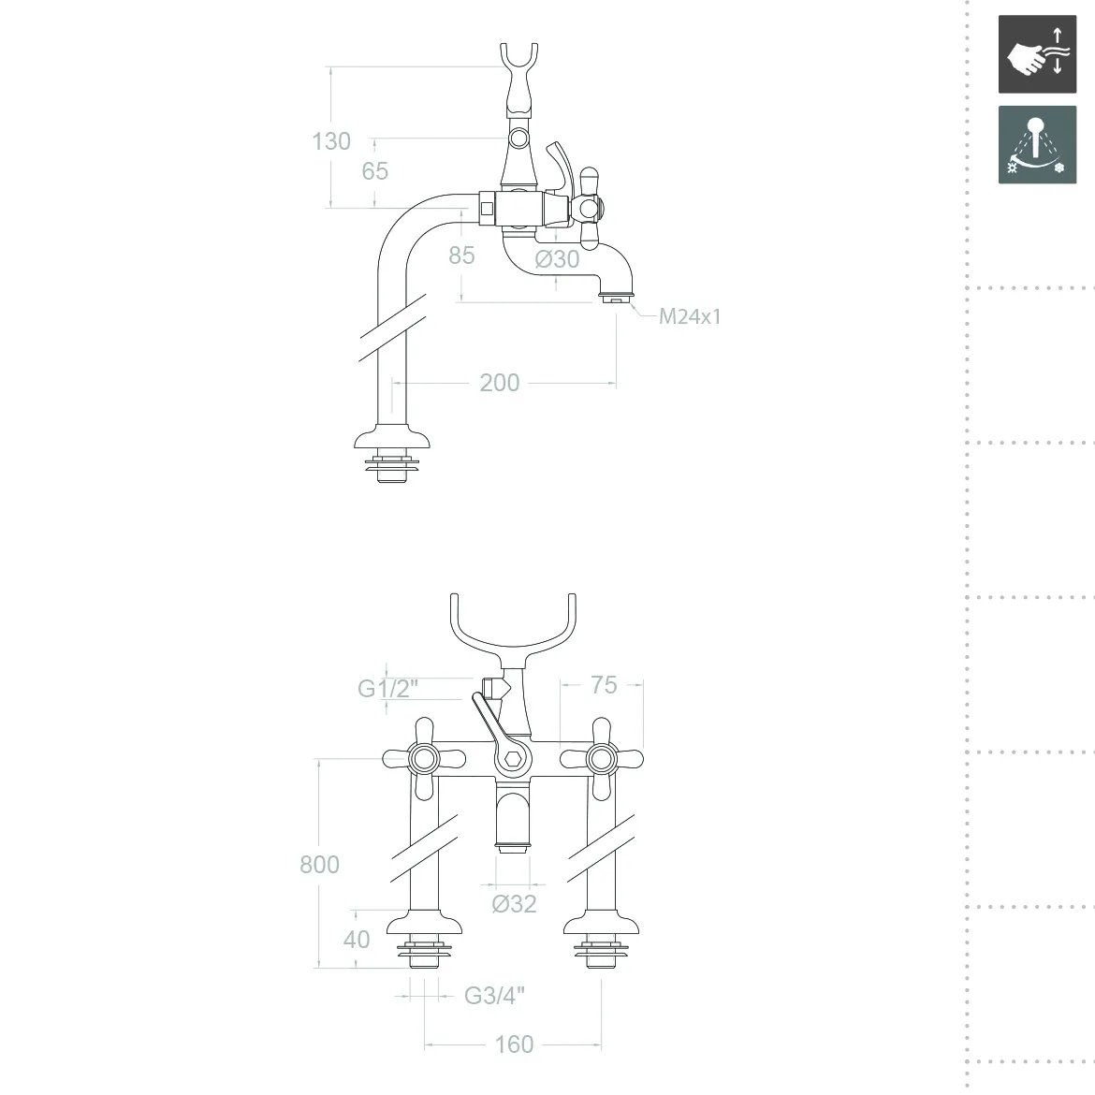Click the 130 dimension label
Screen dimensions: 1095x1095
click(331, 141)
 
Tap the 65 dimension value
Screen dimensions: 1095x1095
click(375, 171)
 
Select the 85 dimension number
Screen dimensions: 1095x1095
click(461, 255)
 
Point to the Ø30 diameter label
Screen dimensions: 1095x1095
click(557, 259)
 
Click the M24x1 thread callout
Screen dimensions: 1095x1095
click(690, 316)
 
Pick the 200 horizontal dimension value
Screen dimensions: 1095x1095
click(500, 383)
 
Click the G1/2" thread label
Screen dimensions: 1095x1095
click(387, 689)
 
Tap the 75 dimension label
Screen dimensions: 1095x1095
click(604, 685)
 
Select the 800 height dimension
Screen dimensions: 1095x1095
click(319, 865)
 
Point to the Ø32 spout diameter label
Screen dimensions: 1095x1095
click(514, 904)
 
